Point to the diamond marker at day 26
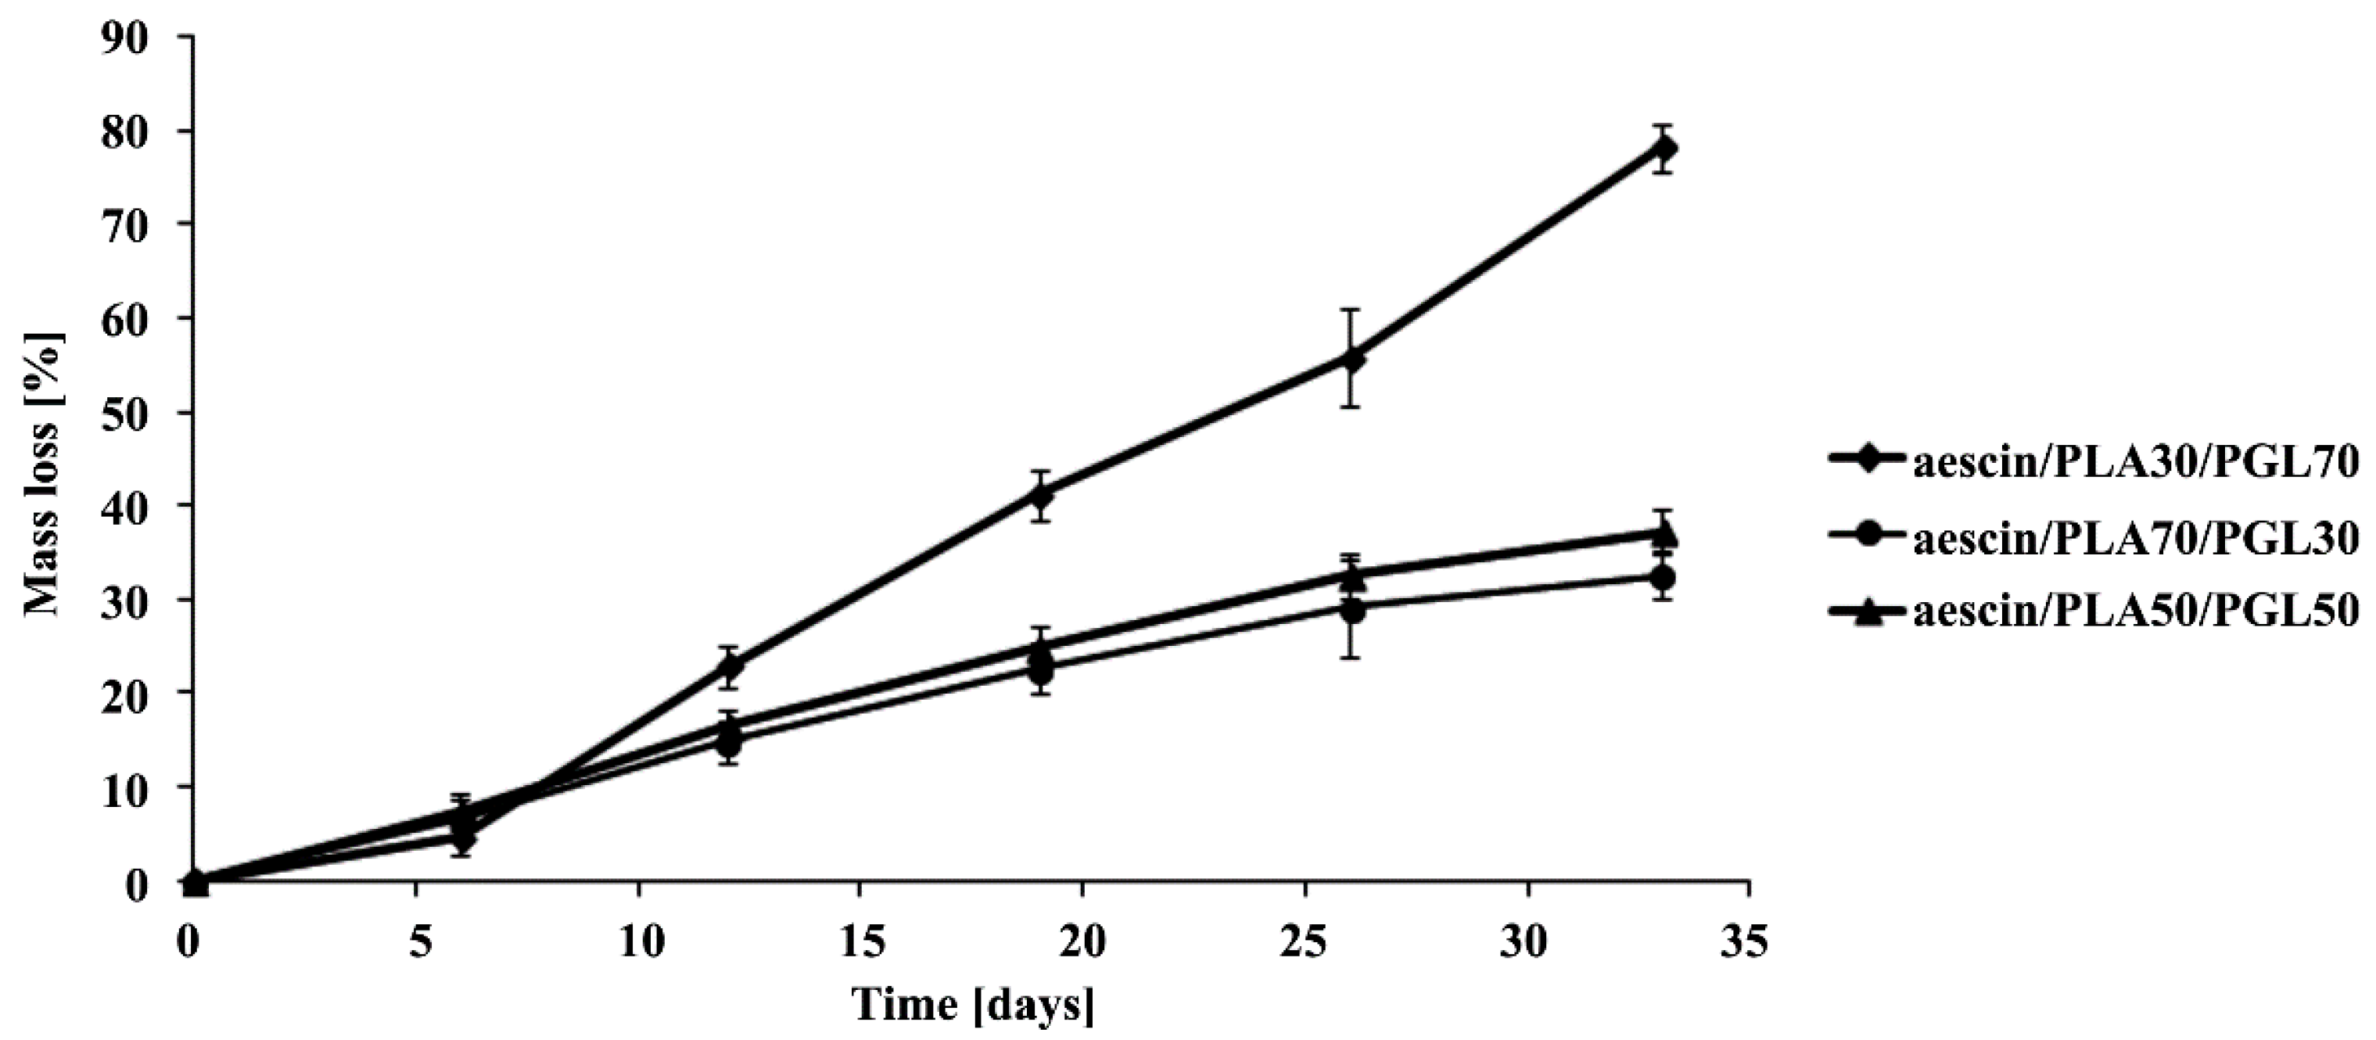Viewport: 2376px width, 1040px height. pos(1352,359)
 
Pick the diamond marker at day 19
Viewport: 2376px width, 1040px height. pos(1041,496)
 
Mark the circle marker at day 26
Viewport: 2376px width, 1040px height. pos(1352,611)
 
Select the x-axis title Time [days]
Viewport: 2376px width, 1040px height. pos(973,1002)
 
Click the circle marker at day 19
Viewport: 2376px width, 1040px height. pos(1041,670)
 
